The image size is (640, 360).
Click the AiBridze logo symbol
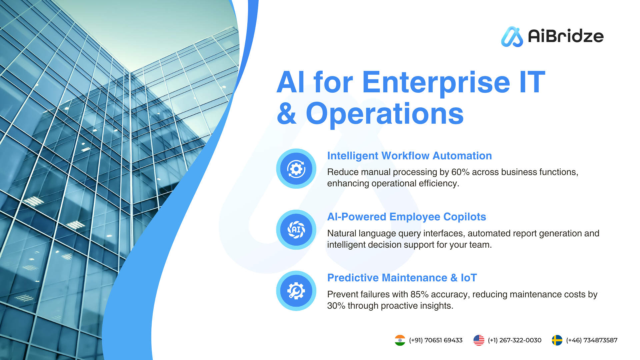[512, 37]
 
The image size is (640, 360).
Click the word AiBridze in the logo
[566, 36]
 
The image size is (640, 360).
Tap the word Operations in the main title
[385, 114]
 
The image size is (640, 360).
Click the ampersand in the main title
[287, 113]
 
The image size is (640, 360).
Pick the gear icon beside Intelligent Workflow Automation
[296, 169]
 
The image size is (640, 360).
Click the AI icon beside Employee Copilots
[296, 230]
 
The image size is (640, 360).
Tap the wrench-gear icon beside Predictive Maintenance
[296, 291]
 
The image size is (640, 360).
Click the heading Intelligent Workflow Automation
[409, 156]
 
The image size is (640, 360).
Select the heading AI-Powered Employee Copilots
[406, 217]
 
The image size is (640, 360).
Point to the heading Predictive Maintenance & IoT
[402, 278]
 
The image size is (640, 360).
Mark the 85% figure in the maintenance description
[419, 294]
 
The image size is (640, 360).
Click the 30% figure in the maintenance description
[336, 306]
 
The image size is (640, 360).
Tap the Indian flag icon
[400, 340]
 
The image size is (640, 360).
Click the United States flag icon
[479, 340]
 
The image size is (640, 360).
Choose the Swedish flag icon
[557, 340]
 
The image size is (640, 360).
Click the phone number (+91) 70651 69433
[436, 340]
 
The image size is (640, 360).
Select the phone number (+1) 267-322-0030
[515, 340]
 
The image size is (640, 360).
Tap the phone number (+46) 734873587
[592, 340]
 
